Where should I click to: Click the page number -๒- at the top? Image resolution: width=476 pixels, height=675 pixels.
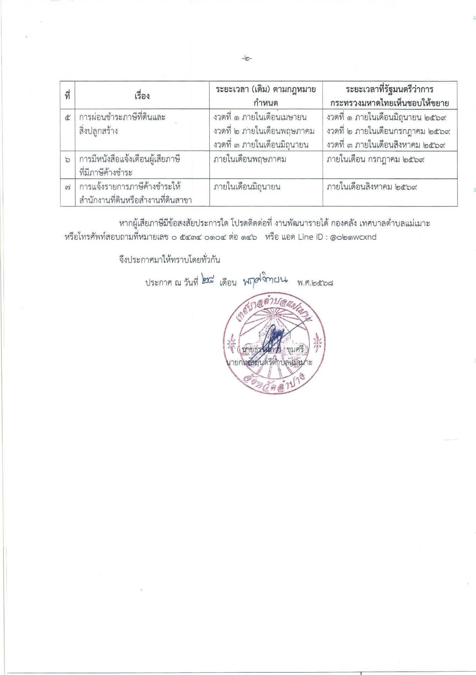coord(247,59)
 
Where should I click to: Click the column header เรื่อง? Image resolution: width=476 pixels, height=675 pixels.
coord(142,96)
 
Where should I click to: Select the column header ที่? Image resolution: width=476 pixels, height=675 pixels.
coord(68,96)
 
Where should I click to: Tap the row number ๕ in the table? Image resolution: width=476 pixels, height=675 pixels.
coord(68,117)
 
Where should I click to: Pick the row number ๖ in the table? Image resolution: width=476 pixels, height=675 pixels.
coord(68,160)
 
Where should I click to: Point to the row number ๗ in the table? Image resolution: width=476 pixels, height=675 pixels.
coord(68,187)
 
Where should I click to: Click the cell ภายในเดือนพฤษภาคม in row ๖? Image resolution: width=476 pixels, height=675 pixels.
coord(250,160)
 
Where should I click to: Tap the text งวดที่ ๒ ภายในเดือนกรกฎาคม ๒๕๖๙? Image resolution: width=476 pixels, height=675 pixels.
coord(388,131)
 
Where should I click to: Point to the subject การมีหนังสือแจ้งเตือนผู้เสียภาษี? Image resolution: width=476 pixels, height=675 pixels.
coord(130,160)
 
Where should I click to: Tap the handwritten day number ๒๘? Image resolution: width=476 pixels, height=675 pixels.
coord(208,281)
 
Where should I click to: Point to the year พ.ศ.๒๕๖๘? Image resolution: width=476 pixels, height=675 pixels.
coord(315,283)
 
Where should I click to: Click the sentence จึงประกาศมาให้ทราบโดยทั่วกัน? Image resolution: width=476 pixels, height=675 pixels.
coord(169,260)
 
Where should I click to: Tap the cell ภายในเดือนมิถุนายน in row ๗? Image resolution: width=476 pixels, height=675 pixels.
coord(247,187)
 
